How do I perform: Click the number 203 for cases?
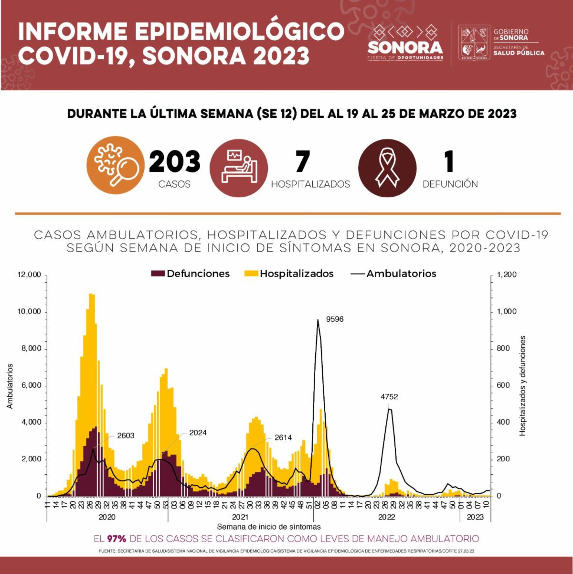tap(175, 161)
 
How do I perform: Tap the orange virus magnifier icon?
tap(115, 165)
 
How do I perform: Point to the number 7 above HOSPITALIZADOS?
tap(302, 161)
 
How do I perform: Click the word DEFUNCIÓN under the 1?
tap(450, 184)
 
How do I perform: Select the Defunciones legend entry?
tap(191, 274)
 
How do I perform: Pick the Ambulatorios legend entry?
tap(394, 274)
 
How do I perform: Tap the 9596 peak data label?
tap(335, 319)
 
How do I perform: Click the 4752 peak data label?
tap(389, 396)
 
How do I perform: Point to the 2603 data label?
tap(126, 436)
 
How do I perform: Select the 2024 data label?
tap(198, 433)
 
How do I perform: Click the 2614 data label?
tap(283, 437)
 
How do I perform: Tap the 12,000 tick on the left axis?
tap(30, 275)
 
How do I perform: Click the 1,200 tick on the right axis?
tap(507, 275)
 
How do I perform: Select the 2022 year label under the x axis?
tap(386, 517)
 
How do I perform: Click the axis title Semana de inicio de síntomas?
tap(269, 527)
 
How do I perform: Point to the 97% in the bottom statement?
tap(117, 539)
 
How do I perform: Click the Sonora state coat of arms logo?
tap(474, 43)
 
